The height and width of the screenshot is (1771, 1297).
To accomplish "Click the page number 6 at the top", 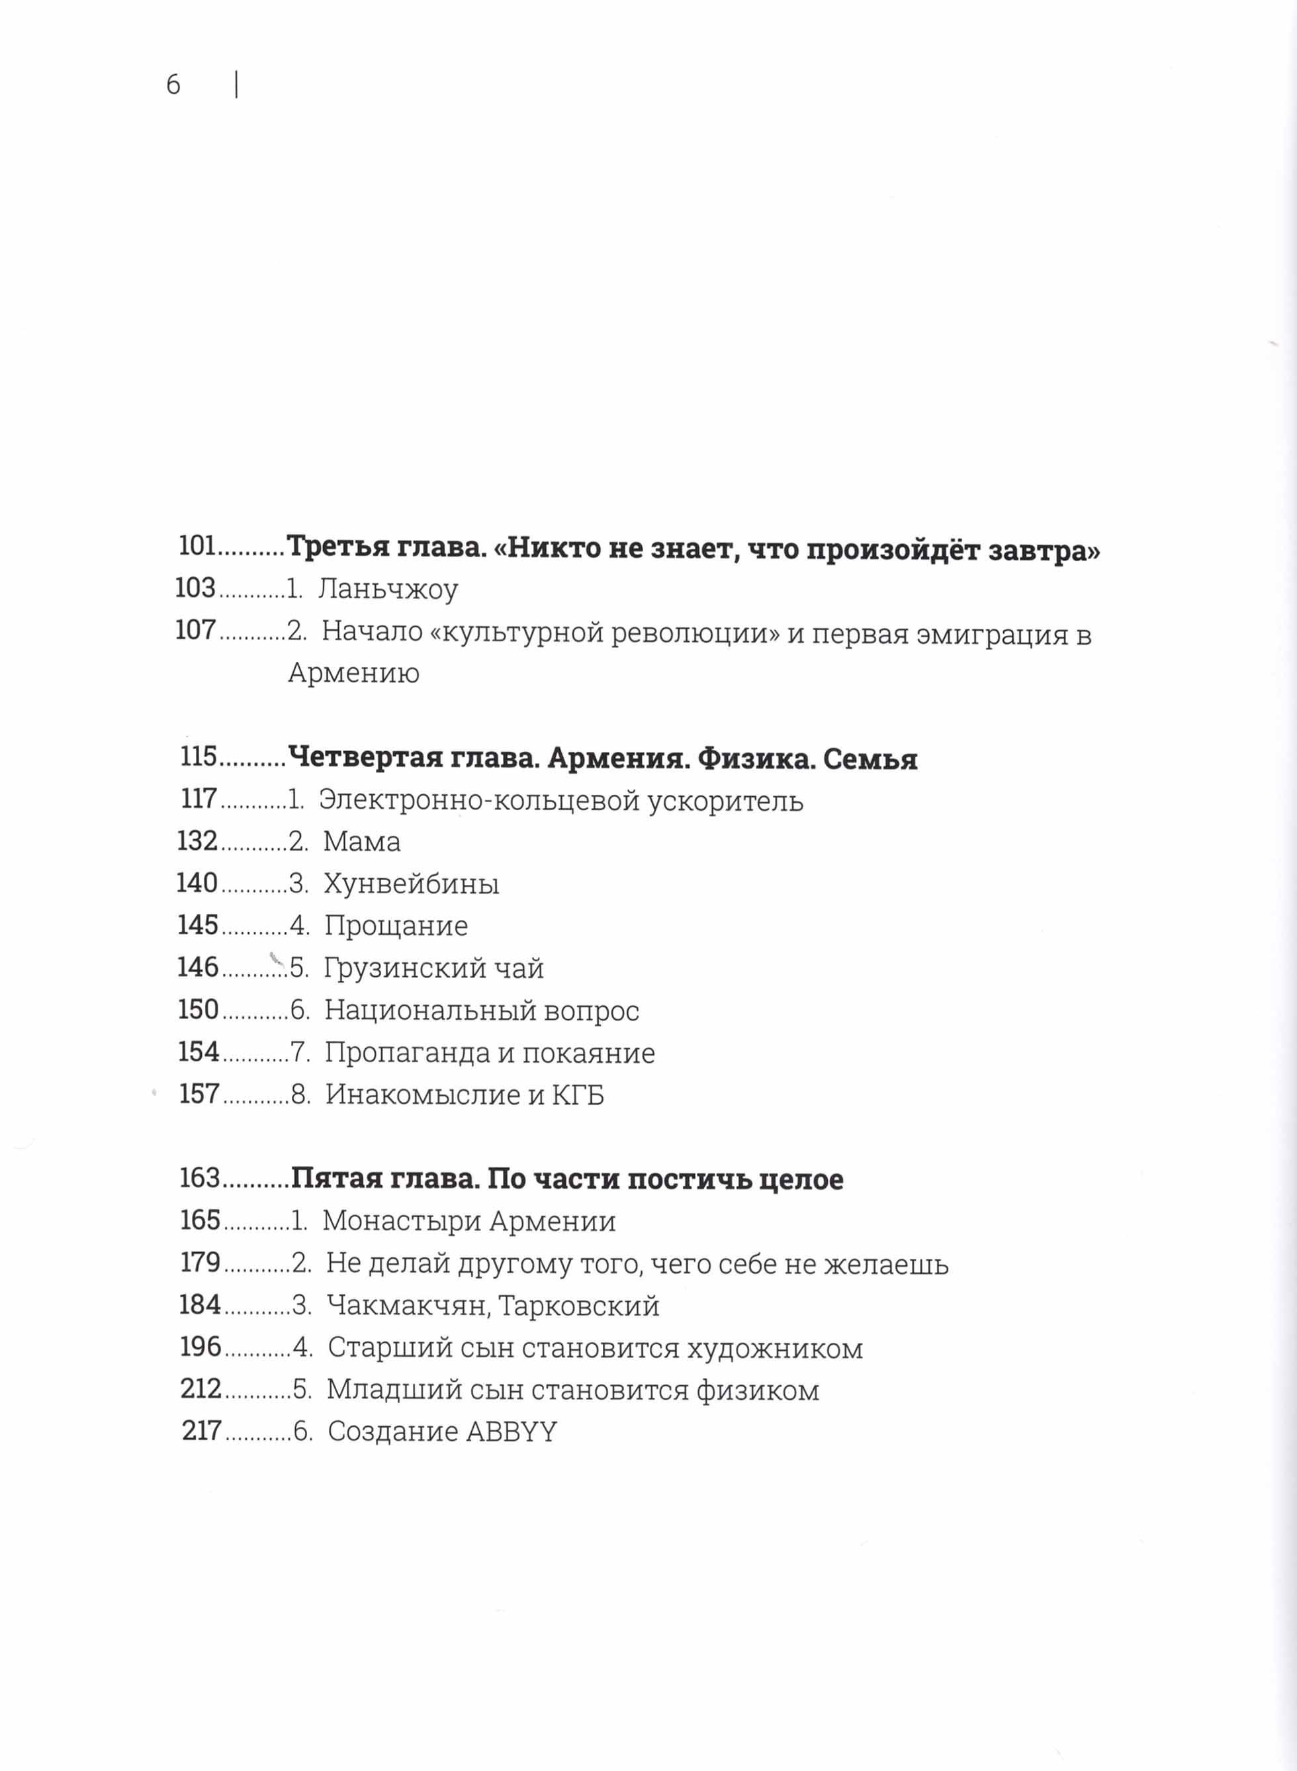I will pos(173,85).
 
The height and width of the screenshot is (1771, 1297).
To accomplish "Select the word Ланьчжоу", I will pos(388,590).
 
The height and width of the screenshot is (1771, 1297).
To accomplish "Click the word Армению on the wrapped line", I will pos(353,674).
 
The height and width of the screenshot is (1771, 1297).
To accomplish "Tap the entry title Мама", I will pos(362,842).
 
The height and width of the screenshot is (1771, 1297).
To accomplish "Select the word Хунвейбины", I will pos(412,885).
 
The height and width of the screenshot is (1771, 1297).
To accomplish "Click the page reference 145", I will pos(198,925).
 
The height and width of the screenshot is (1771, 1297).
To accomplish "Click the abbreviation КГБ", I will pos(578,1095).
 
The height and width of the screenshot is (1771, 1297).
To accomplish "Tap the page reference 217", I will pos(202,1432).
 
